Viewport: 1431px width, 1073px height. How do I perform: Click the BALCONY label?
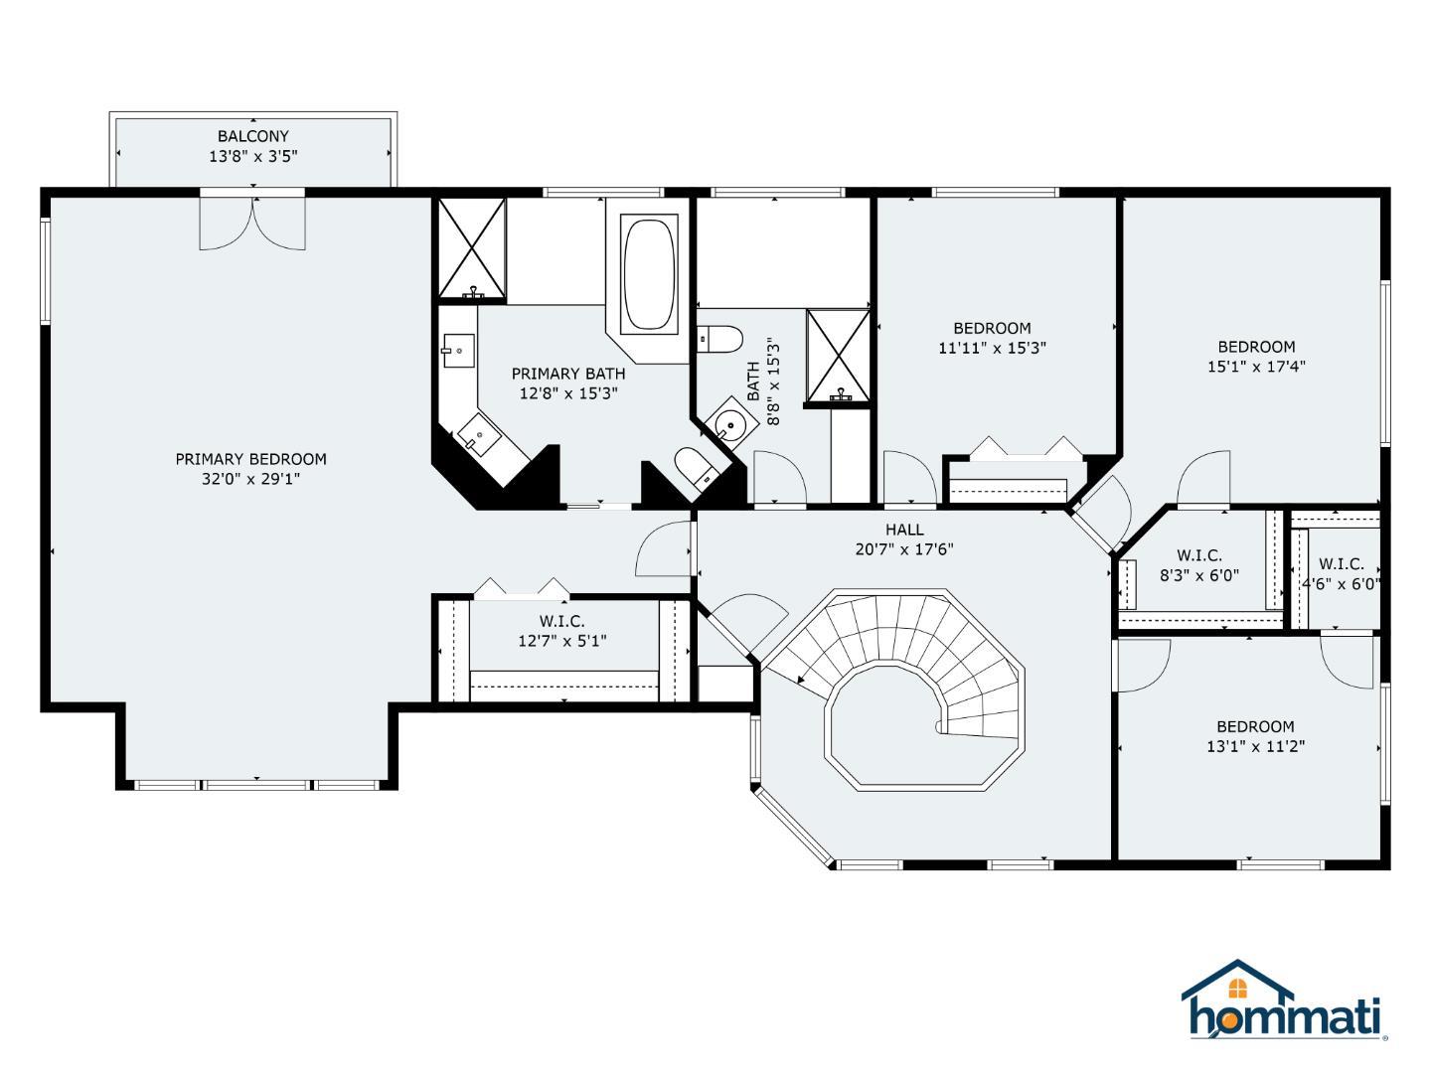[x=253, y=136]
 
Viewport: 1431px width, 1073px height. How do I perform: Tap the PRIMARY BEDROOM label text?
[x=251, y=459]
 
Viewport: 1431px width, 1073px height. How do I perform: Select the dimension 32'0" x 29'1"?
[x=251, y=480]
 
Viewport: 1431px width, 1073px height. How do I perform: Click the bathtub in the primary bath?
[x=648, y=274]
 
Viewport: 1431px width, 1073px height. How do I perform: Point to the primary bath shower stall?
[x=472, y=248]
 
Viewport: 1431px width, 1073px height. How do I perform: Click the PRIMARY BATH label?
[x=568, y=374]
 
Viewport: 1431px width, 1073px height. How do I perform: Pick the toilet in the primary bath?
[x=694, y=468]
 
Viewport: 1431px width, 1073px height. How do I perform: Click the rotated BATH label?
[x=753, y=382]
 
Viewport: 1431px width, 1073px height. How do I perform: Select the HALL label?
[x=904, y=530]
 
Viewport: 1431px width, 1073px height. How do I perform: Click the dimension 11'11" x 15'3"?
[x=992, y=348]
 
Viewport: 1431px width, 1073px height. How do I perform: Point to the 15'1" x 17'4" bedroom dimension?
[x=1256, y=367]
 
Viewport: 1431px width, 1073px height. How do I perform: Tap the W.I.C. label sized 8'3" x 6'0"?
[x=1199, y=555]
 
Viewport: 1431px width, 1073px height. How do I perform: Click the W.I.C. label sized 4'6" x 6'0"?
[x=1341, y=564]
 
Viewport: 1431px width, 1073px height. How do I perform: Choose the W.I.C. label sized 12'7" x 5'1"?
[x=562, y=622]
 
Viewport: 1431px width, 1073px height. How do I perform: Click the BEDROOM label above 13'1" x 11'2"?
[x=1256, y=726]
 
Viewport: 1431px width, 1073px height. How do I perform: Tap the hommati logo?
[x=1284, y=1000]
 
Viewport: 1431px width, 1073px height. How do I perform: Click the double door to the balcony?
[x=252, y=222]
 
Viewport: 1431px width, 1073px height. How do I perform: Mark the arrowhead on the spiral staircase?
[x=801, y=681]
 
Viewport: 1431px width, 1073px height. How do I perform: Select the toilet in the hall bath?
[x=720, y=339]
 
